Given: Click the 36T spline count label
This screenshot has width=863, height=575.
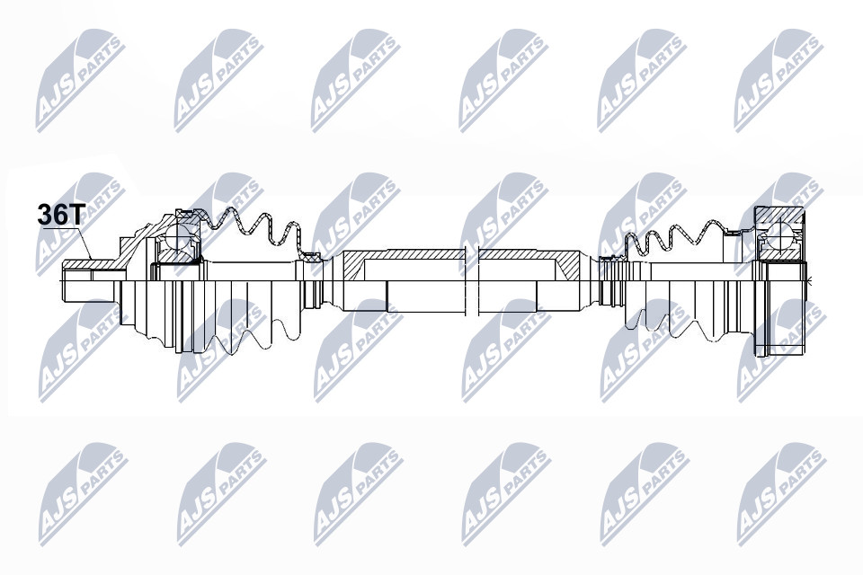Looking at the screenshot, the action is [x=59, y=214].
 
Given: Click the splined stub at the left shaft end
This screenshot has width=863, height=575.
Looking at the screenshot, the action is [x=89, y=280].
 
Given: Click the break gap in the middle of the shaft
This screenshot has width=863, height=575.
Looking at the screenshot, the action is [x=473, y=281].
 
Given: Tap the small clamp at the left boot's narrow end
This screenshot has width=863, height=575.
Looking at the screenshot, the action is [x=312, y=258].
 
